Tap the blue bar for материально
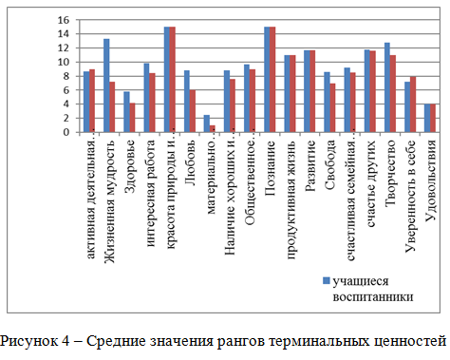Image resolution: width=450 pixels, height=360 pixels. pyautogui.click(x=207, y=123)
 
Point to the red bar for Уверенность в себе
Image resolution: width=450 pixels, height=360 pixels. pyautogui.click(x=413, y=104)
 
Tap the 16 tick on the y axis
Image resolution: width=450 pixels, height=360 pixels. pyautogui.click(x=63, y=20)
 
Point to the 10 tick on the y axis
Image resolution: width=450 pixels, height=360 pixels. pyautogui.click(x=63, y=62)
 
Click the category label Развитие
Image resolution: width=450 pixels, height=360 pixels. pyautogui.click(x=310, y=161)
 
